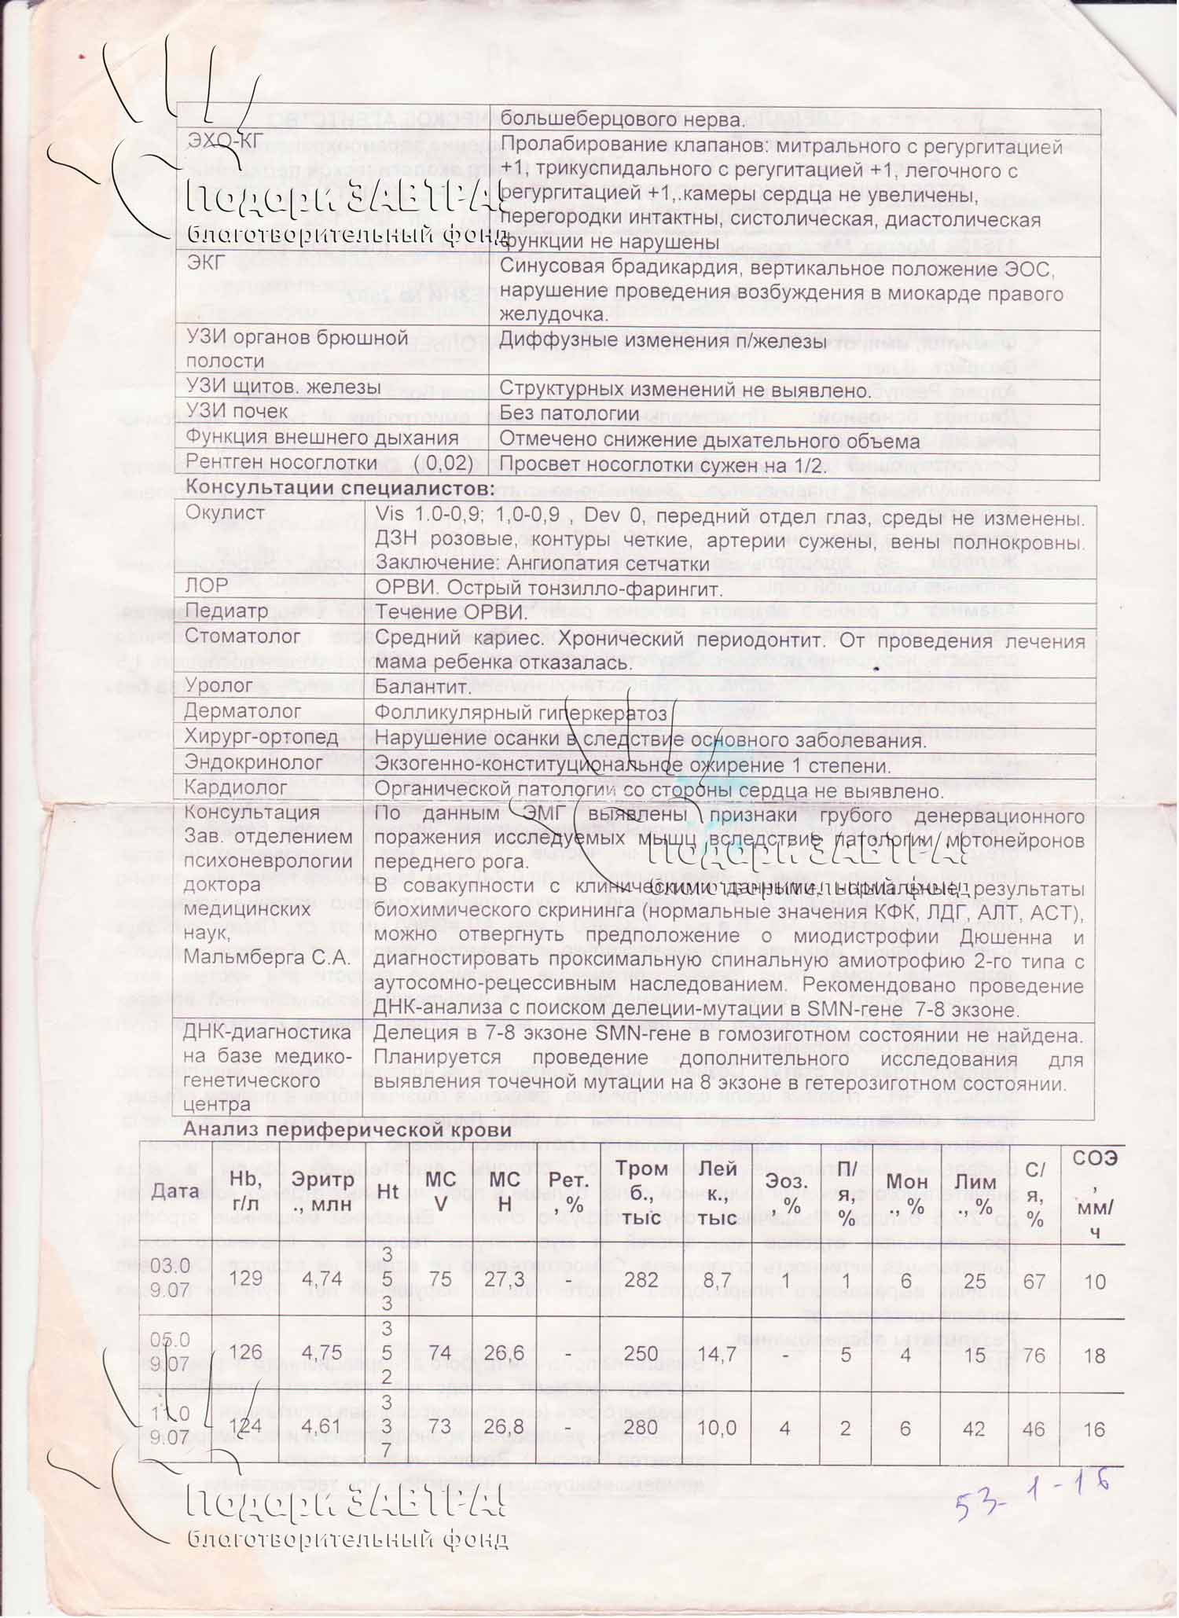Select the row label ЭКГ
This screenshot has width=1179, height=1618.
pyautogui.click(x=206, y=263)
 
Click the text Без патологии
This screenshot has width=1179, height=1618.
pyautogui.click(x=569, y=413)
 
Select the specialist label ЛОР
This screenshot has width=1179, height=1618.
pyautogui.click(x=206, y=585)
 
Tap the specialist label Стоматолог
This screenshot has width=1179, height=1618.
pyautogui.click(x=232, y=636)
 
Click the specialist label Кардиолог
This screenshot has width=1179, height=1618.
pyautogui.click(x=237, y=787)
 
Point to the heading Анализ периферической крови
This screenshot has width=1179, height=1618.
pyautogui.click(x=347, y=1130)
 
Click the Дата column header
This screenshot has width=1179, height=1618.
pyautogui.click(x=175, y=1191)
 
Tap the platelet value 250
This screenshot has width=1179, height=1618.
pyautogui.click(x=641, y=1352)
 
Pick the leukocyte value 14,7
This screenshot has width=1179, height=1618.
pyautogui.click(x=717, y=1352)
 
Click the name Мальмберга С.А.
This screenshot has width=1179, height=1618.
pyautogui.click(x=266, y=959)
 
